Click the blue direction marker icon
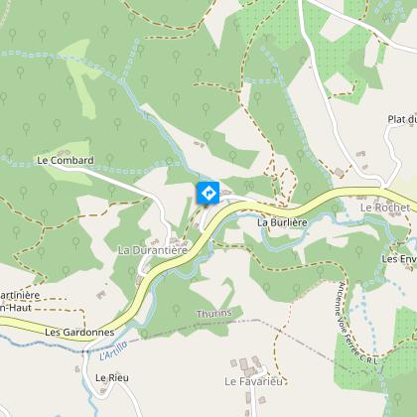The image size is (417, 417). click(x=208, y=193)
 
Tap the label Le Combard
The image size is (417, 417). click(x=65, y=159)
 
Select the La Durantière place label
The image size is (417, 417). click(x=152, y=250)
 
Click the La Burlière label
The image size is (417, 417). click(x=279, y=223)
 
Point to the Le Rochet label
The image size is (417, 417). click(x=385, y=207)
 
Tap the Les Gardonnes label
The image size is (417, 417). click(x=79, y=332)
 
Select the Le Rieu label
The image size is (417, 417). click(x=112, y=378)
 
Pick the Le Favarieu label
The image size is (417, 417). click(x=255, y=380)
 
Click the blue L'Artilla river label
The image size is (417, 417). click(x=114, y=349)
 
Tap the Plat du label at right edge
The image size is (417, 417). click(x=401, y=119)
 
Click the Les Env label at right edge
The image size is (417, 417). click(x=399, y=258)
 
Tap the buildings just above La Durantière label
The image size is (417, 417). click(x=180, y=238)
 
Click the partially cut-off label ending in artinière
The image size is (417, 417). click(x=19, y=295)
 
